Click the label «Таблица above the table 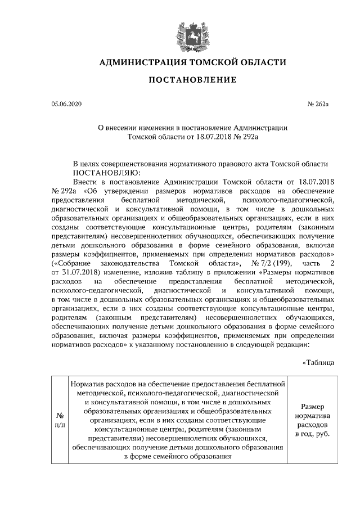click(318, 362)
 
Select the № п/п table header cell click(60, 420)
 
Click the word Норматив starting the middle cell click(88, 384)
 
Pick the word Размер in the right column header click(312, 406)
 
